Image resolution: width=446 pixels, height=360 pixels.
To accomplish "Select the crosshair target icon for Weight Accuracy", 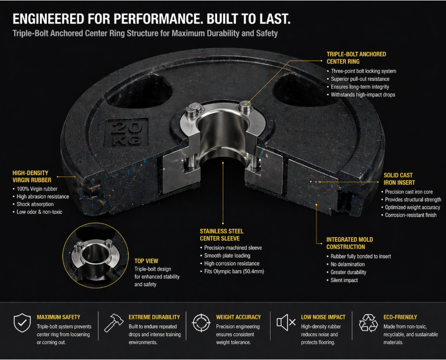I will tap(201, 323).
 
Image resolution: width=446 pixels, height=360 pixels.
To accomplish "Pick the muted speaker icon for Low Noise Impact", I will tap(286, 323).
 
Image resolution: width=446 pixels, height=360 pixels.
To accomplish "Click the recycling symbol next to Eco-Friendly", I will tap(368, 323).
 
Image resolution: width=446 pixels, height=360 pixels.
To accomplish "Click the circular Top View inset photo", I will tap(94, 255).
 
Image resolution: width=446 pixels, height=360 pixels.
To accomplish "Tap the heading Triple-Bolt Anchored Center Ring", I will tap(357, 57).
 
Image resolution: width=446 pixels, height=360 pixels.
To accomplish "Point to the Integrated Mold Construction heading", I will tap(350, 243).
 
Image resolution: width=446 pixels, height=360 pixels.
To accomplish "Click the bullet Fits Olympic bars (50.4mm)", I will tap(234, 272).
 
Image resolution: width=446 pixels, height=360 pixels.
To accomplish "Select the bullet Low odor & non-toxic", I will tap(39, 212).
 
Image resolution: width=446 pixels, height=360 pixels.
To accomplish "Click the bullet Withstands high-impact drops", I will tap(363, 95).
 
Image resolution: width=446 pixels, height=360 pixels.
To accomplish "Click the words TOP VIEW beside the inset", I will tap(146, 261).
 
